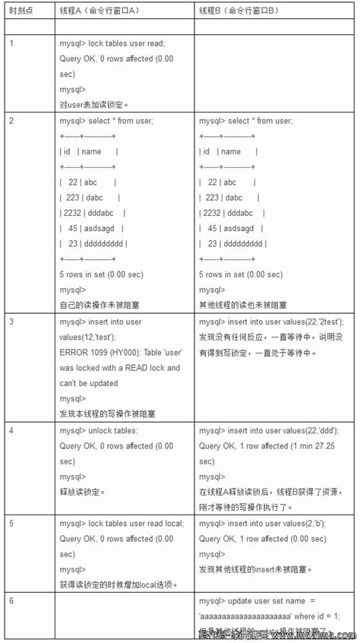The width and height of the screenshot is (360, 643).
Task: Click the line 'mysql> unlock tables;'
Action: coord(98,430)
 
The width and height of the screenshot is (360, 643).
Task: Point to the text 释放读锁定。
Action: coord(82,492)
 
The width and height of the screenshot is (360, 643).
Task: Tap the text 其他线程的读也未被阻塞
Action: coord(243,305)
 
